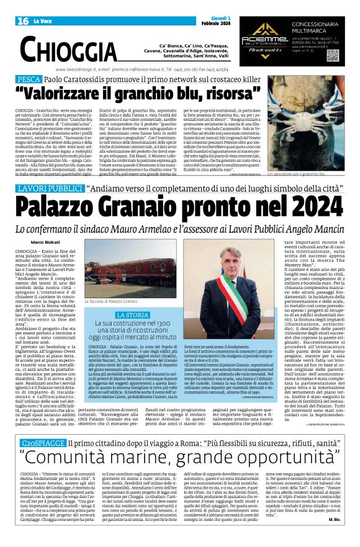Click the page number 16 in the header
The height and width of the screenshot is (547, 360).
[23, 21]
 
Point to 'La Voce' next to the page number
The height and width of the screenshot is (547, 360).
[42, 21]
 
